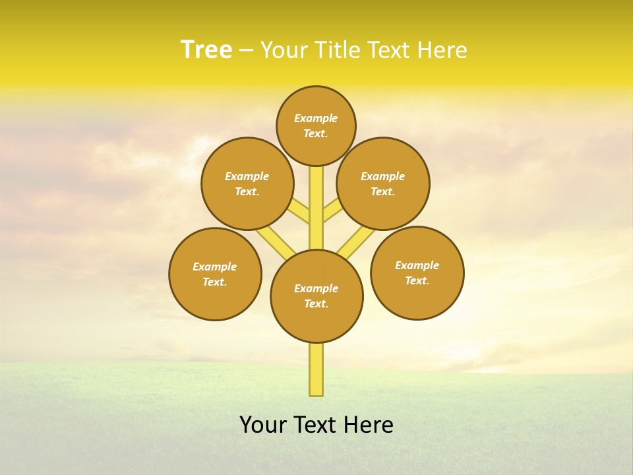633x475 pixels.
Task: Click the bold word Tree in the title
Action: pyautogui.click(x=206, y=50)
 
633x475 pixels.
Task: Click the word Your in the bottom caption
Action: pyautogui.click(x=264, y=425)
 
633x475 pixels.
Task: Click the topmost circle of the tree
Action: pyautogui.click(x=316, y=125)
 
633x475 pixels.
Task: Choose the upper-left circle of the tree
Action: pyautogui.click(x=247, y=183)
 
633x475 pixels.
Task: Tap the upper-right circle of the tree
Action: pyautogui.click(x=383, y=183)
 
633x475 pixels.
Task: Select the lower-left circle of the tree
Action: pyautogui.click(x=215, y=274)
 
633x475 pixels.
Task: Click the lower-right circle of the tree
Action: pyautogui.click(x=417, y=272)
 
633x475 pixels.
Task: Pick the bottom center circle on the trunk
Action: pyautogui.click(x=316, y=296)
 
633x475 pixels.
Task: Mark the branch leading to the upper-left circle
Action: pyautogui.click(x=300, y=212)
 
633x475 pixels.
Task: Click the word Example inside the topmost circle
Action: pyautogui.click(x=316, y=118)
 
